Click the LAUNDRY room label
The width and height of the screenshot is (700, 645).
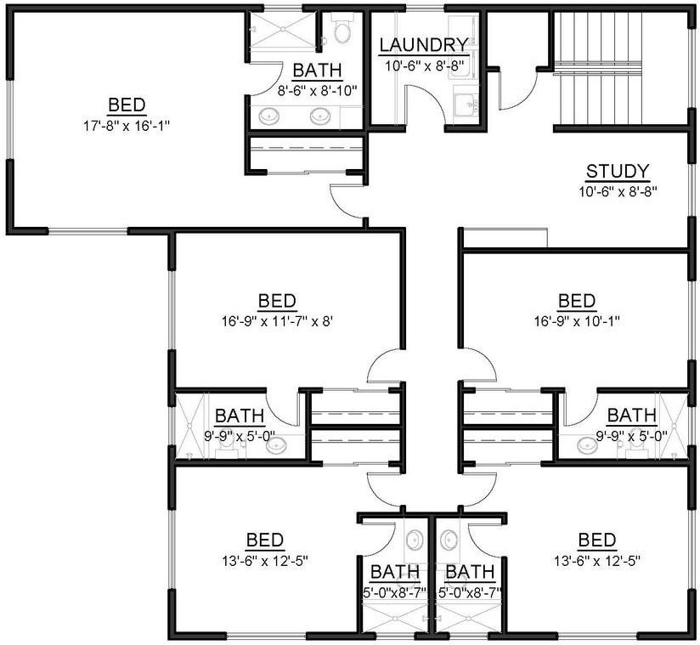tap(423, 45)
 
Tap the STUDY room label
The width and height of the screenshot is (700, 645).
tap(618, 172)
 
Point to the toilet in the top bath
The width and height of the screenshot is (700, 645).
tap(342, 33)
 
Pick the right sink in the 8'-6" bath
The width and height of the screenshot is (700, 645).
tap(320, 117)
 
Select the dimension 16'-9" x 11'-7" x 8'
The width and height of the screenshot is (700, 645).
tap(277, 322)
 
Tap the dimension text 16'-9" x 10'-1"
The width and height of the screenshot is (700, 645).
tap(577, 322)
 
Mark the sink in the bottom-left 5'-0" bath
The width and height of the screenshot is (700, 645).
tap(414, 540)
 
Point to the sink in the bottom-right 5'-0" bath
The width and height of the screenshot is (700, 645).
tap(449, 540)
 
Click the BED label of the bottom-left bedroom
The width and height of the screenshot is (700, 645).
tap(265, 540)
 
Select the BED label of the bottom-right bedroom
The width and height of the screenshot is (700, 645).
tap(596, 540)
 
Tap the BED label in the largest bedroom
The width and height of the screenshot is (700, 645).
tap(127, 106)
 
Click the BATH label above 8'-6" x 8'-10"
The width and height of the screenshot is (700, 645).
tap(317, 71)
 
